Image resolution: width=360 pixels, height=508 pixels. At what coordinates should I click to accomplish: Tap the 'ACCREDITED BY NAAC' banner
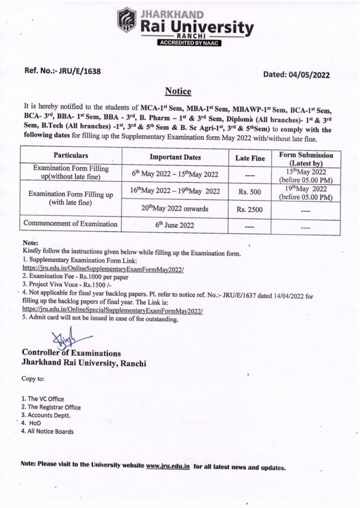pyautogui.click(x=191, y=43)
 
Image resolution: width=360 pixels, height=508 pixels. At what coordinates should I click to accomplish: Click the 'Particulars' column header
pyautogui.click(x=71, y=155)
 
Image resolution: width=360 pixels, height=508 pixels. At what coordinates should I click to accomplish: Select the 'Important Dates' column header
pyautogui.click(x=175, y=157)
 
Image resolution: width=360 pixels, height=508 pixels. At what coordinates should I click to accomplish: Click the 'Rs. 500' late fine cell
pyautogui.click(x=250, y=192)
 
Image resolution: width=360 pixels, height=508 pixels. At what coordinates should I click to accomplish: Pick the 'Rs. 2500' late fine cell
pyautogui.click(x=250, y=209)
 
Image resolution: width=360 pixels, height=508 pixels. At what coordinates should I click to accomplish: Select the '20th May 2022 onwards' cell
pyautogui.click(x=175, y=209)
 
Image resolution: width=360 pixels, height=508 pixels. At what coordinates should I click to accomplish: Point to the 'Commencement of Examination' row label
pyautogui.click(x=71, y=224)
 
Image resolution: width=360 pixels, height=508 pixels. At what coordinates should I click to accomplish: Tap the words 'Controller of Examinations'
pyautogui.click(x=71, y=353)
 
